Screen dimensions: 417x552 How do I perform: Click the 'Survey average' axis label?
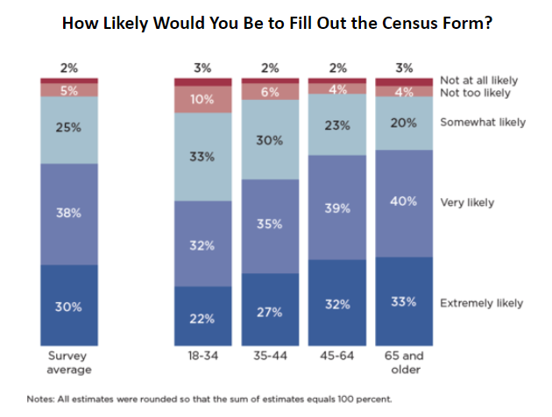[x=68, y=364]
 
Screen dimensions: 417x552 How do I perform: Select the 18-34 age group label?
[x=202, y=357]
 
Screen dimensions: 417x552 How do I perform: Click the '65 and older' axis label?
[x=403, y=364]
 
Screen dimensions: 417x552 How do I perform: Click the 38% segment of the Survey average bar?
[x=68, y=213]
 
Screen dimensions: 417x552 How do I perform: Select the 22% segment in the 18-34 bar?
[x=202, y=316]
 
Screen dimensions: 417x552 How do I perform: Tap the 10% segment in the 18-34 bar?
[x=202, y=99]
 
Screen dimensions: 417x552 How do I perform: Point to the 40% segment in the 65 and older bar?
[x=403, y=203]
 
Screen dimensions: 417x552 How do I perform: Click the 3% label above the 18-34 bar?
[x=202, y=67]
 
